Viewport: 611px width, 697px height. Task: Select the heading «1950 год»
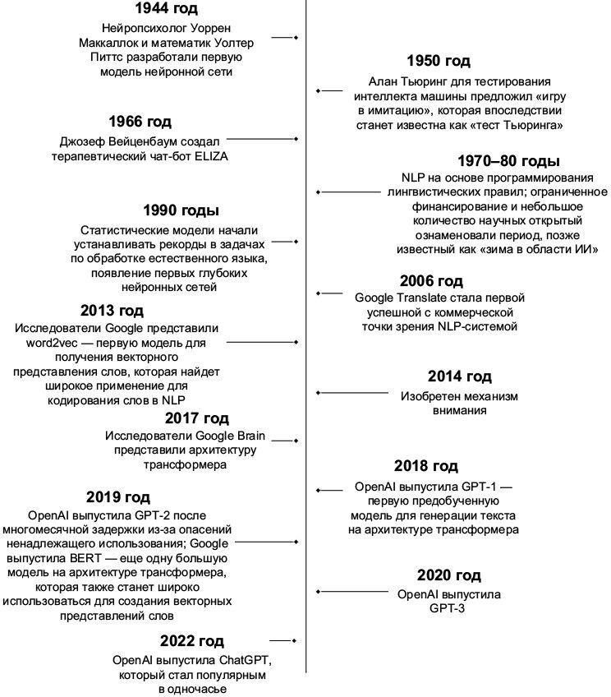pyautogui.click(x=439, y=62)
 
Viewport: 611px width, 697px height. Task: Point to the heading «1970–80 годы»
pyautogui.click(x=509, y=160)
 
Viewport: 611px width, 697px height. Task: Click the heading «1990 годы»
pyautogui.click(x=181, y=211)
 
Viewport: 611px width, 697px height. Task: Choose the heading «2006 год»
pyautogui.click(x=431, y=281)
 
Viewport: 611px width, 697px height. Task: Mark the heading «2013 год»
pyautogui.click(x=112, y=311)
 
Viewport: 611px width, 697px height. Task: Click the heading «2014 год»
pyautogui.click(x=459, y=377)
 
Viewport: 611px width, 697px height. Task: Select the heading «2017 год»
pyautogui.click(x=196, y=418)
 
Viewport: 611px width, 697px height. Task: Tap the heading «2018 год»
pyautogui.click(x=425, y=467)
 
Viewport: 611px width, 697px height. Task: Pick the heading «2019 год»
pyautogui.click(x=117, y=497)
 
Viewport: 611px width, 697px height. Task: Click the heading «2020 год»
pyautogui.click(x=448, y=575)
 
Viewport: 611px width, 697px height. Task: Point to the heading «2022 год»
pyautogui.click(x=191, y=641)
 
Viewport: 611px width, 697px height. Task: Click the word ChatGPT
pyautogui.click(x=245, y=660)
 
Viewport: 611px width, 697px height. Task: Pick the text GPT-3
pyautogui.click(x=447, y=609)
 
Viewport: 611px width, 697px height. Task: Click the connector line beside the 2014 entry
pyautogui.click(x=353, y=394)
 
